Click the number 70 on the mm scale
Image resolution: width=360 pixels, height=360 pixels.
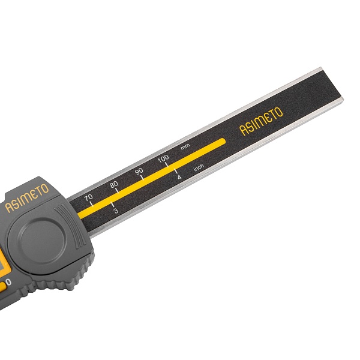pos(88,197)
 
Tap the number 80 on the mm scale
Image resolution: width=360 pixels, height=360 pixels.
pos(114,184)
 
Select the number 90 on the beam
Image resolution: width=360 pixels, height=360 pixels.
pos(139,171)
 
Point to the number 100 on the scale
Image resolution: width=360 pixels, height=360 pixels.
pos(163,158)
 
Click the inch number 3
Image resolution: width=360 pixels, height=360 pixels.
pos(116,211)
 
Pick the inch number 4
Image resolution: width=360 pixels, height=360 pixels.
pos(179,177)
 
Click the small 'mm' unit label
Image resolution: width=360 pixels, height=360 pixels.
pos(185,147)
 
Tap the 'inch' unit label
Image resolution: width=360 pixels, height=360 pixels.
pos(199,167)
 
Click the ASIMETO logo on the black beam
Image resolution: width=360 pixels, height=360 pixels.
pos(261,121)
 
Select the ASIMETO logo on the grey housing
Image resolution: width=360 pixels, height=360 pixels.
pos(27,198)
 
